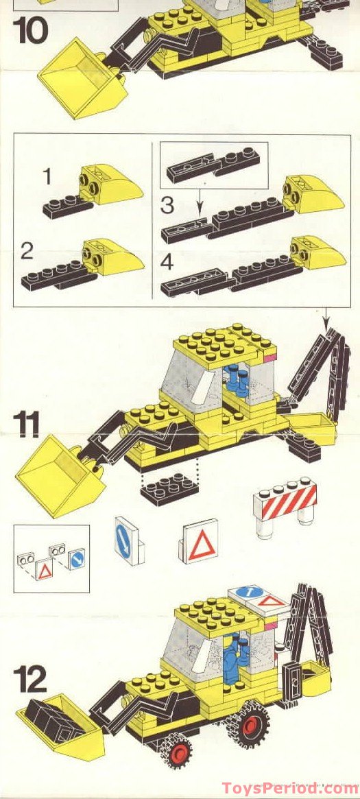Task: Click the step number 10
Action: [x=32, y=32]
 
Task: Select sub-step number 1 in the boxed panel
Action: [x=47, y=177]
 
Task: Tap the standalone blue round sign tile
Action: [x=128, y=540]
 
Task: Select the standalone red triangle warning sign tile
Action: [x=200, y=542]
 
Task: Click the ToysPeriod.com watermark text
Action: [x=295, y=787]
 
